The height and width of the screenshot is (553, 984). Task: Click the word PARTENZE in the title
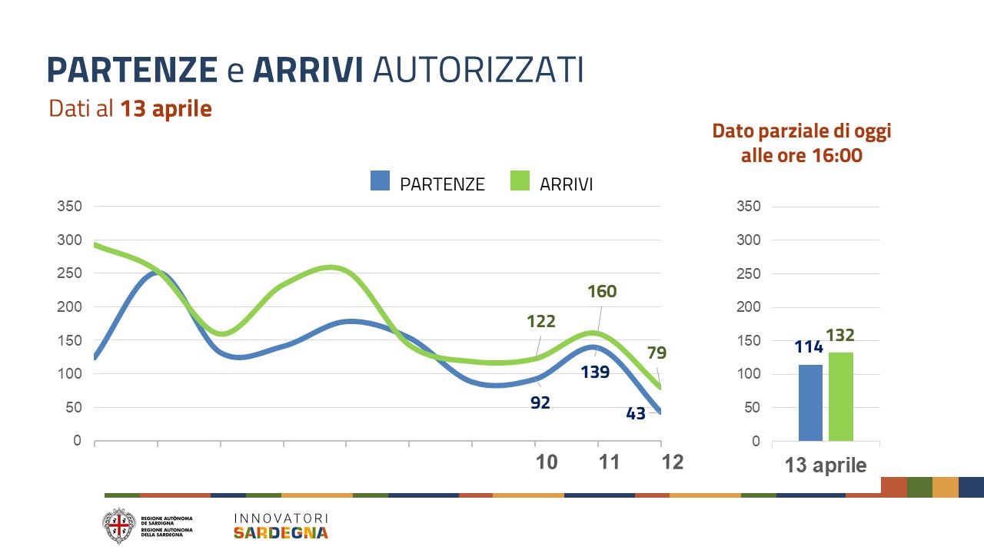[132, 69]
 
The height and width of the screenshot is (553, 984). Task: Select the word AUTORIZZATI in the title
[477, 69]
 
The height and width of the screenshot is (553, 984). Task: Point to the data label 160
[602, 292]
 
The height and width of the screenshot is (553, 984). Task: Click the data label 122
[540, 322]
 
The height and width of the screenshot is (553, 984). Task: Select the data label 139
[595, 373]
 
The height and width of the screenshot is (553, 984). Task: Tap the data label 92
[540, 402]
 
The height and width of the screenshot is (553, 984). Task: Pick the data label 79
[657, 353]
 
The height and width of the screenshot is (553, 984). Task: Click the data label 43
[636, 413]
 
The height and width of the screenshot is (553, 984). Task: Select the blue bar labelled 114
[810, 402]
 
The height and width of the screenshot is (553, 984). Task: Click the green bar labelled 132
[840, 396]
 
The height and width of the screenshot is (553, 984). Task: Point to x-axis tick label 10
[547, 462]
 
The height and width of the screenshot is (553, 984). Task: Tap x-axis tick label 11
[610, 462]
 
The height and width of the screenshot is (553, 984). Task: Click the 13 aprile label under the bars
[825, 465]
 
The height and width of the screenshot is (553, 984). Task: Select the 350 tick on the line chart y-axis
[69, 207]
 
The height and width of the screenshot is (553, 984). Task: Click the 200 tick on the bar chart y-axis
[748, 307]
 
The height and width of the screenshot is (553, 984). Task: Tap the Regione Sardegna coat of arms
[118, 525]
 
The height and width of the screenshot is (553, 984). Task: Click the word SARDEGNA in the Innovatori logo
[281, 533]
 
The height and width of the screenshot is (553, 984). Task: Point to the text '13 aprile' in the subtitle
[165, 109]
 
